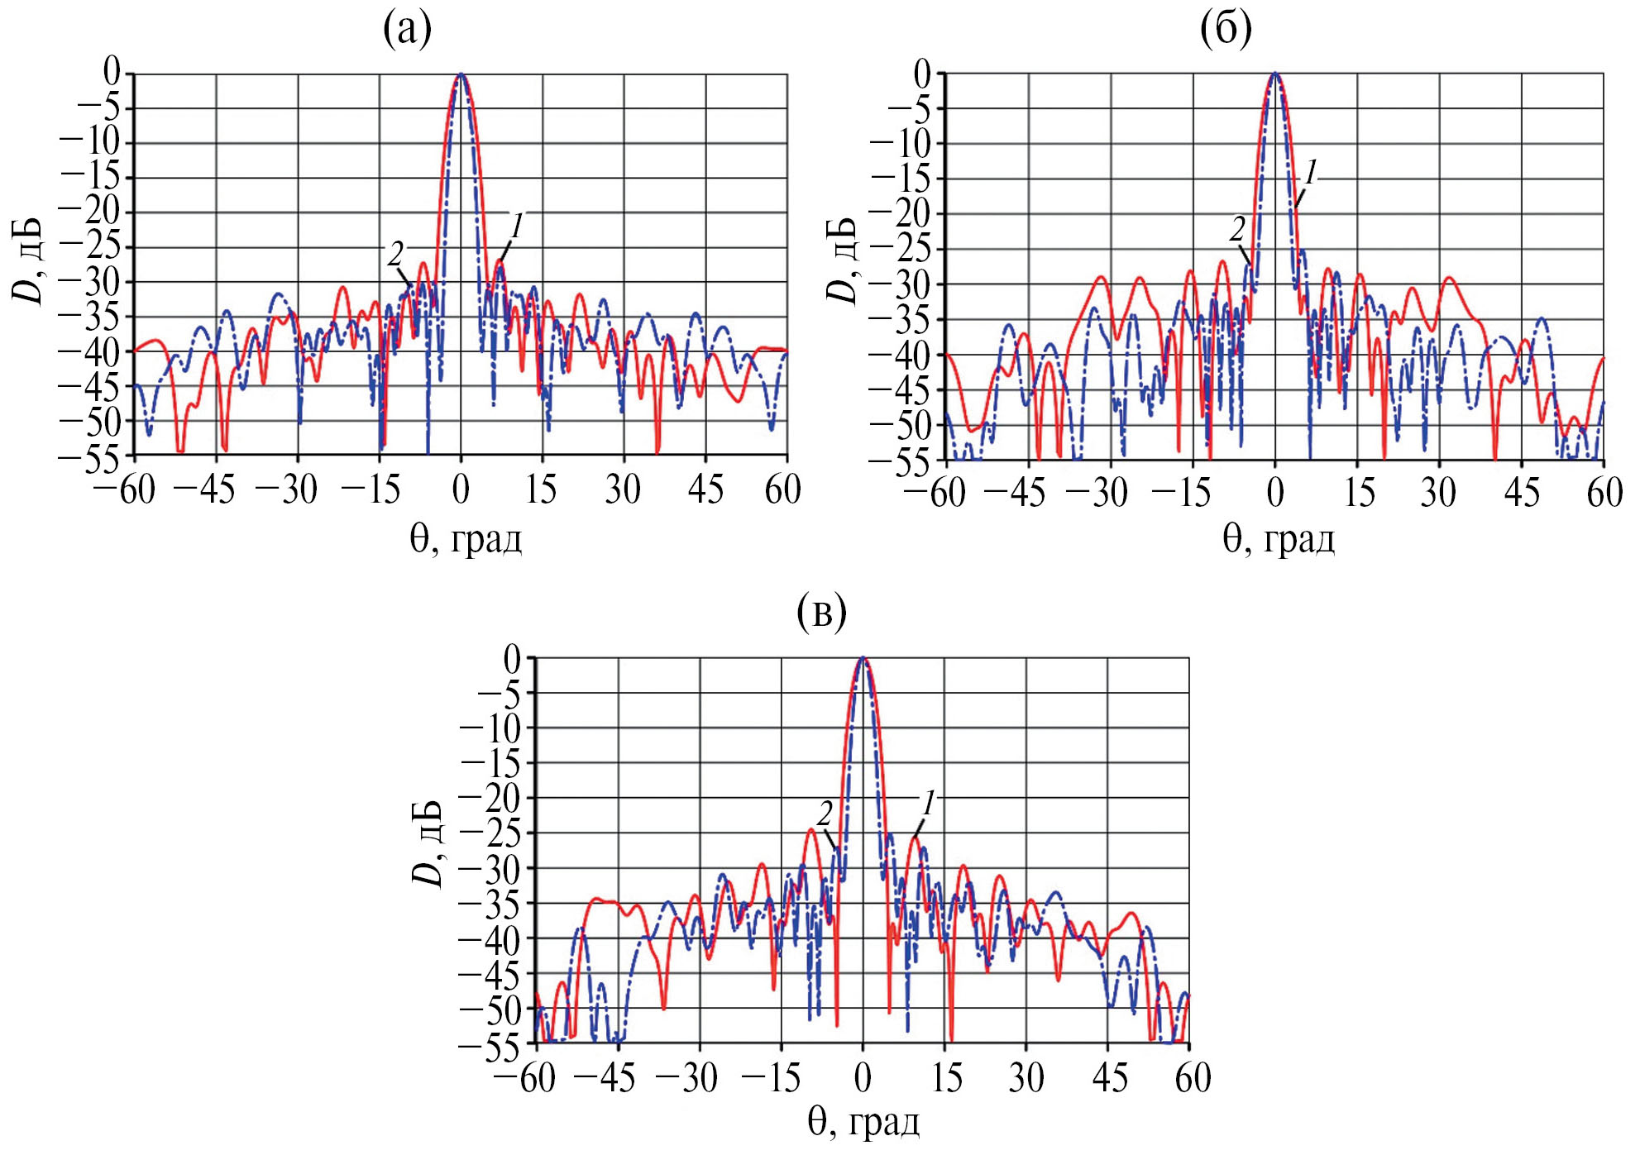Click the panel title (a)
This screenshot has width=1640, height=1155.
[408, 31]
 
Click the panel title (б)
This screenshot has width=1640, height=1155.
[1226, 31]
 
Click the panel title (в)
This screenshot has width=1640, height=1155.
[821, 614]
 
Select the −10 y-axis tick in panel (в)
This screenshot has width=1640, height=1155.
[491, 728]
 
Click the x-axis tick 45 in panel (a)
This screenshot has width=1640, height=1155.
[705, 490]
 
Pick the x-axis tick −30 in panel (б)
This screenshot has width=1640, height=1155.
[1097, 493]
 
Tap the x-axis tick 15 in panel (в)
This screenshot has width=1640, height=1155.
[945, 1077]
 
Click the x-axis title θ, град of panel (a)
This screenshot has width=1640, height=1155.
[466, 540]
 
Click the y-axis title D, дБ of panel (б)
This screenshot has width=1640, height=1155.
[842, 260]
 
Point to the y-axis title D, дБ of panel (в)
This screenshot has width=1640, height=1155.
[428, 844]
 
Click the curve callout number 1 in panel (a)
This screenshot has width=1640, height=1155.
[517, 225]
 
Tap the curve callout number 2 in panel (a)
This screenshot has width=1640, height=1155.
[396, 253]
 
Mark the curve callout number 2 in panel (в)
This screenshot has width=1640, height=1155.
[825, 814]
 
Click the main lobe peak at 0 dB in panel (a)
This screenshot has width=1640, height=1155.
[461, 74]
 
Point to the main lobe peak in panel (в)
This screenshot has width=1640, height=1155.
[863, 658]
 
